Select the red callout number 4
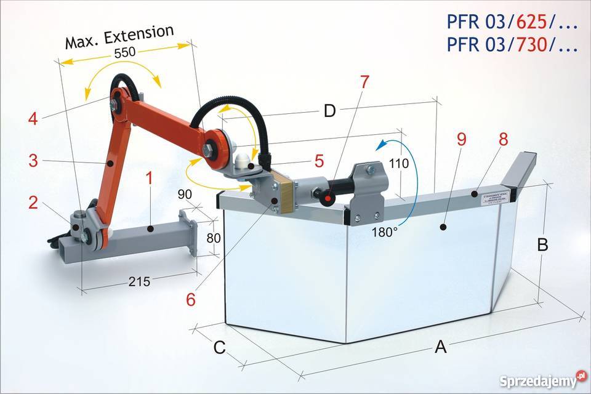32,118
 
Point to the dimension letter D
330,111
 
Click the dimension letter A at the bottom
440,348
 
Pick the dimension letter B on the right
542,245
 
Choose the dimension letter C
219,348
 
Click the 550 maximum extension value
124,53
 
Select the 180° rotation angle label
384,232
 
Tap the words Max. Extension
120,38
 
